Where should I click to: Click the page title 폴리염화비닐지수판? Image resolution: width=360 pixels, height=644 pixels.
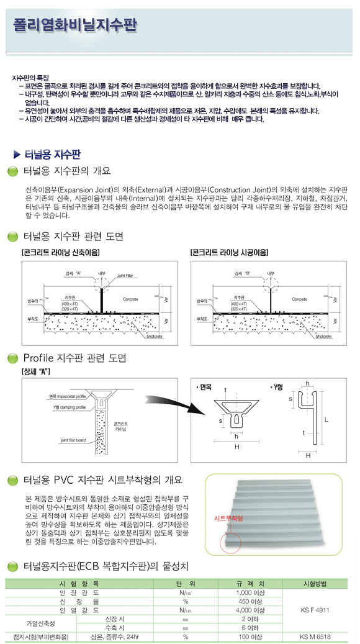coord(75,25)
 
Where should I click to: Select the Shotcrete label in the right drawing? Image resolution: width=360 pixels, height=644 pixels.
coord(323,336)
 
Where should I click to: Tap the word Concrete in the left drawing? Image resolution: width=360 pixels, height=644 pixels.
coord(130,299)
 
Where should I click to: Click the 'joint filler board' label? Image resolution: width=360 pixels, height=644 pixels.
coord(60,440)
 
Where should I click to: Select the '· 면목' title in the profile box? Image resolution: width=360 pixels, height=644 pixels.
coord(203,386)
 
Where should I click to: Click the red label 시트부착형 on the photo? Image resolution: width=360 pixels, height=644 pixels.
coord(228,517)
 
